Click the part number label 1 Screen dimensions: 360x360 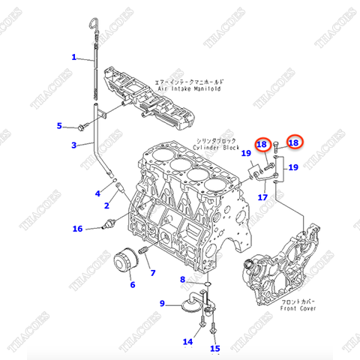[73, 57]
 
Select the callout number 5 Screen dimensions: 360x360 [60, 125]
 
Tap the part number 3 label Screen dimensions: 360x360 [73, 145]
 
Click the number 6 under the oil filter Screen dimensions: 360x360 [132, 285]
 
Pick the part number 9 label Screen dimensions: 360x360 [161, 303]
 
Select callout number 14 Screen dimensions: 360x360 [188, 342]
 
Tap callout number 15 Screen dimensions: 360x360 [215, 348]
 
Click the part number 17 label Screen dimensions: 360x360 [262, 197]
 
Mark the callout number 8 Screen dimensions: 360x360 [181, 280]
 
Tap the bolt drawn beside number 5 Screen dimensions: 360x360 [79, 126]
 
